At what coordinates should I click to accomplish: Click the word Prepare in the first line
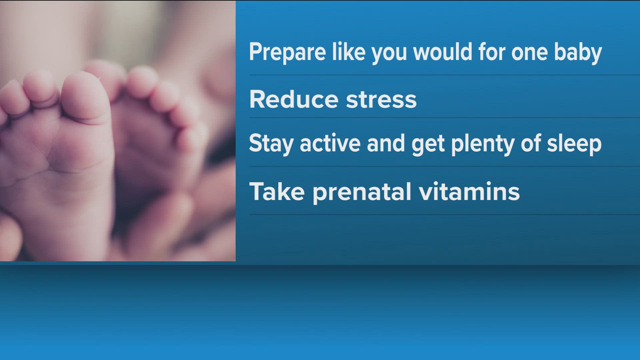287,53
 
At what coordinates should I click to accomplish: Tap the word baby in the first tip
578,53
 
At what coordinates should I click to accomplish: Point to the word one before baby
530,54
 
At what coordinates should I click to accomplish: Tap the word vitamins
469,191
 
